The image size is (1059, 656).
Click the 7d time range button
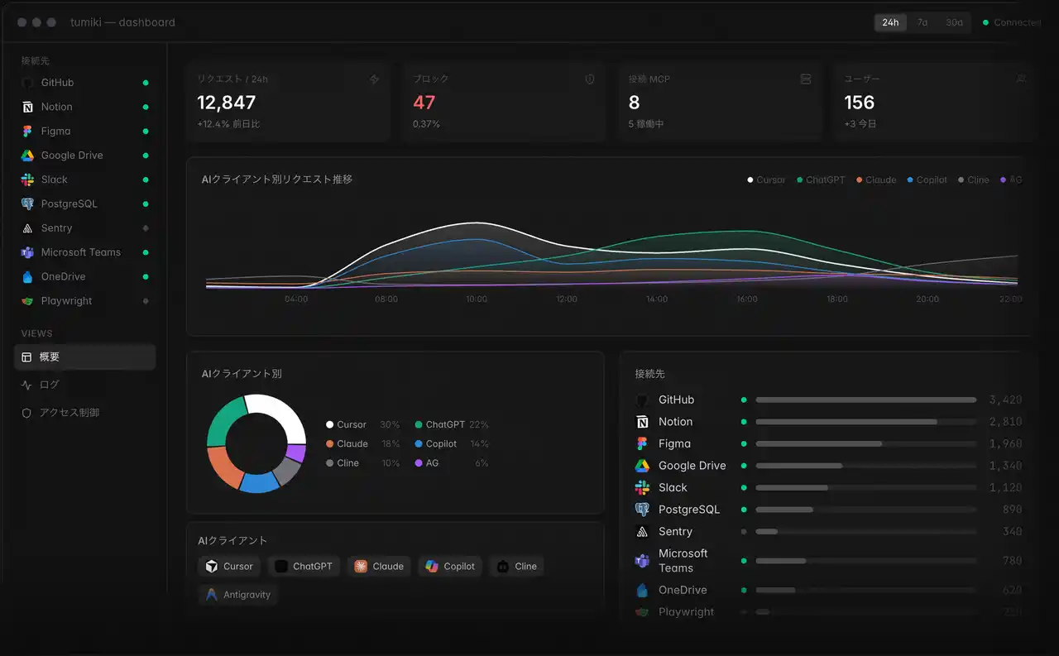pos(922,22)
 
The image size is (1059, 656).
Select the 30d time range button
pos(954,22)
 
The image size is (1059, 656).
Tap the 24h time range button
pos(890,22)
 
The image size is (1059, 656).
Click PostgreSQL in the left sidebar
pos(69,204)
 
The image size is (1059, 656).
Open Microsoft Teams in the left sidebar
pos(80,252)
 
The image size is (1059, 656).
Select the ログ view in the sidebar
pos(49,385)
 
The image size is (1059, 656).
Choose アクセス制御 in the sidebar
pos(69,412)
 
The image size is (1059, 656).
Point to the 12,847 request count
pos(227,103)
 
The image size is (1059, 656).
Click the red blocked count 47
pos(424,103)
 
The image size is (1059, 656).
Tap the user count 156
pos(859,103)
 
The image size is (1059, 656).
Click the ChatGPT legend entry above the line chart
pos(825,180)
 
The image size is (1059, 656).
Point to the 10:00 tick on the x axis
pos(477,299)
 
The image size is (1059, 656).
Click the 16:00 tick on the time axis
pos(747,299)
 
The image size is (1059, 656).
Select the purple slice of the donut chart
pos(296,453)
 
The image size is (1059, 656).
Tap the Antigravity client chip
pos(238,595)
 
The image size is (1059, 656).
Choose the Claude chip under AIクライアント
pos(380,567)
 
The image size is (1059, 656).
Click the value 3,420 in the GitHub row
pos(1005,400)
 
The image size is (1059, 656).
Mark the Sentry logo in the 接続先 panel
pos(642,532)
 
